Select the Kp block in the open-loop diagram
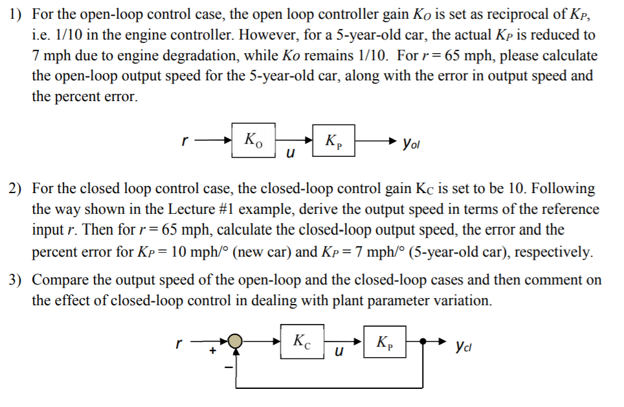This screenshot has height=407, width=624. tap(335, 139)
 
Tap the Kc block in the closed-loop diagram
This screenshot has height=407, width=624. tap(302, 341)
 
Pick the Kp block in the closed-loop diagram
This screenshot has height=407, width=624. tap(384, 341)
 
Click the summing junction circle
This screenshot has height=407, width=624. tap(236, 341)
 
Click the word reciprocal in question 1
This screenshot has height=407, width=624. tap(516, 14)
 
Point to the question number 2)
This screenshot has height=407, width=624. tap(16, 189)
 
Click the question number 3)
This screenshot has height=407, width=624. tap(16, 281)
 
